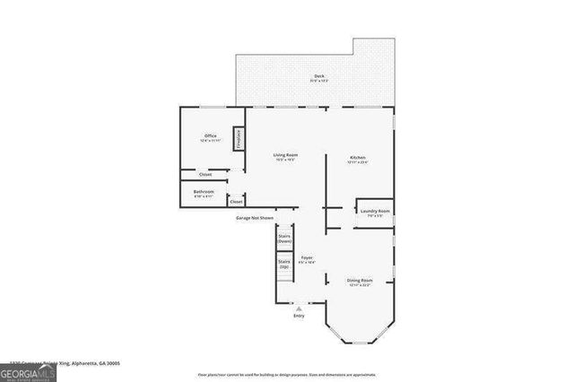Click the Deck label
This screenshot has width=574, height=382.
(318, 75)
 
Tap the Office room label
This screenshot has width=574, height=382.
(209, 136)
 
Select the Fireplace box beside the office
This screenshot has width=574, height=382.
(239, 139)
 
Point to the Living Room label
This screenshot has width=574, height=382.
(286, 155)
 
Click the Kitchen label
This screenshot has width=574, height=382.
(358, 157)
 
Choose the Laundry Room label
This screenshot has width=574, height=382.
(375, 211)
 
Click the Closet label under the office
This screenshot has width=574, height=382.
(205, 174)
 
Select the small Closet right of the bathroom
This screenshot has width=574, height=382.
(237, 202)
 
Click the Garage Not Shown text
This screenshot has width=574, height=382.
(254, 218)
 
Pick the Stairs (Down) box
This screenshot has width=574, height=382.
(284, 239)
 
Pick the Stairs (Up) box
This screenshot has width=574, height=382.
(284, 264)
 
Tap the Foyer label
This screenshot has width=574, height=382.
(307, 257)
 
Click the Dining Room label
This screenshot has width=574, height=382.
(360, 280)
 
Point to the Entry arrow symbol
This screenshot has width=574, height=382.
(299, 308)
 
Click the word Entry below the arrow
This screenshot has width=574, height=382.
(299, 317)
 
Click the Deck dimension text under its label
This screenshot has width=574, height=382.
(318, 82)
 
